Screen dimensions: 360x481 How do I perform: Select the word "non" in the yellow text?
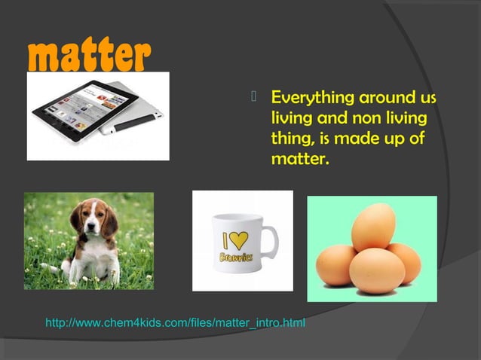point(362,119)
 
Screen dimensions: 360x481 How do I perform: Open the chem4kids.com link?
point(176,324)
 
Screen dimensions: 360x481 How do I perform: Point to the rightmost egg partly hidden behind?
point(407,261)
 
